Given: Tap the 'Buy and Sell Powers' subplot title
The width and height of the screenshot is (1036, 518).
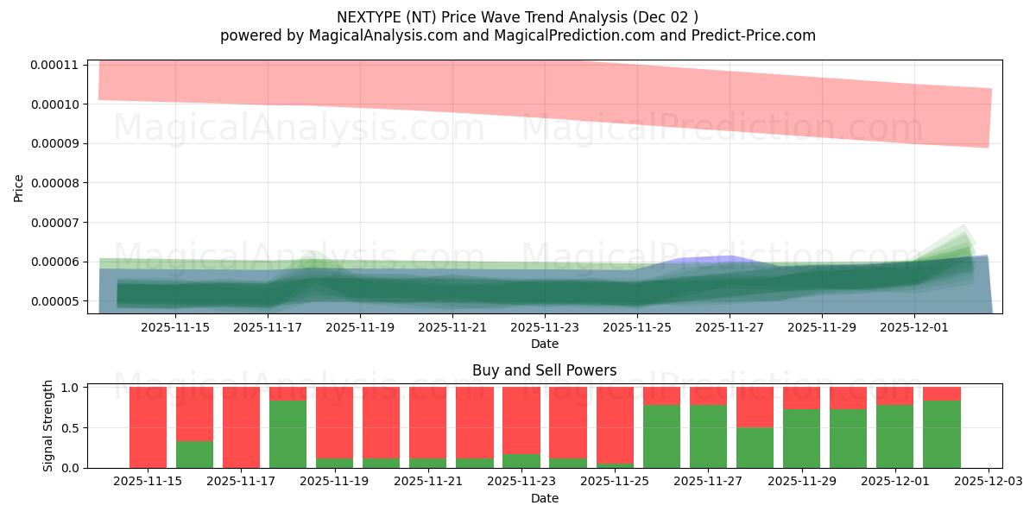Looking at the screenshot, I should pos(544,370).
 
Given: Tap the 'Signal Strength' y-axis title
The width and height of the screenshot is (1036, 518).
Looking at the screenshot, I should pos(48,426).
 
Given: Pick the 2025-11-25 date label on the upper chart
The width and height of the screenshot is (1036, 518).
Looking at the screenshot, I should pos(637,327).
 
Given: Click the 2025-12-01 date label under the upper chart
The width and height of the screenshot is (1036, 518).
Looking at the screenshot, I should pos(914,327).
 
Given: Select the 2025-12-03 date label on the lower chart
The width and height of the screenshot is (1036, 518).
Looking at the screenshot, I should pos(988,482).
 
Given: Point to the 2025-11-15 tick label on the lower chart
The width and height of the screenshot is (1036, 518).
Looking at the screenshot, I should pos(148,482).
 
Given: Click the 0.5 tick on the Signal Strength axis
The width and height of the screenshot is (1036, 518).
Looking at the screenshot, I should pos(73,427).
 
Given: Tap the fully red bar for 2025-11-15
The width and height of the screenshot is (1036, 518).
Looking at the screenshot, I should pos(148,427).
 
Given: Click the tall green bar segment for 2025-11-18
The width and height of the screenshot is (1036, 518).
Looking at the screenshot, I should pos(287,434).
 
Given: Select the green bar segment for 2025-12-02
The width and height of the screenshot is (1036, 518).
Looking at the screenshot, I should pos(942,434).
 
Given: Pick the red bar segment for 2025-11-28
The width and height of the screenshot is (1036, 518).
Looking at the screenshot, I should pos(755,407).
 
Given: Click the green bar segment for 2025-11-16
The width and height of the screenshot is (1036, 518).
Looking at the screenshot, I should pos(194,455).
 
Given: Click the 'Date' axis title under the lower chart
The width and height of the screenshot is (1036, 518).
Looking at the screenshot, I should pos(544,498).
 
